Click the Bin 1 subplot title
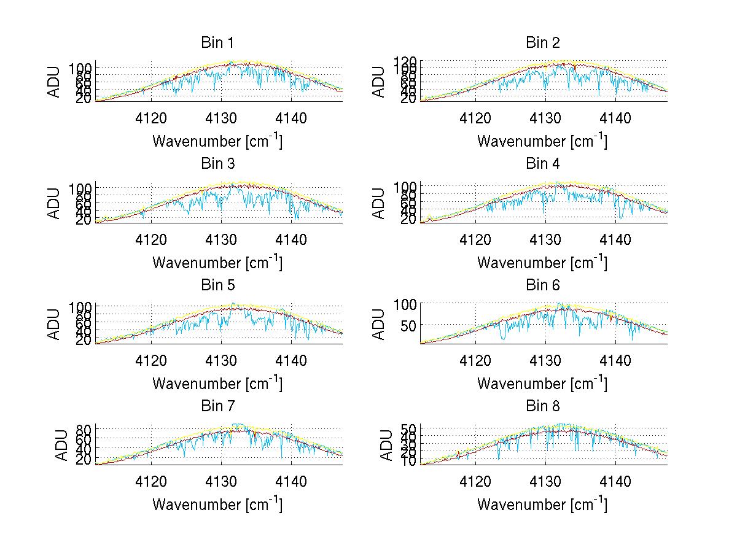217,43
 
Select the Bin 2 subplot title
542,43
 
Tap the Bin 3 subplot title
217,164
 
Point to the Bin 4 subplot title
542,164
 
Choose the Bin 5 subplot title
217,285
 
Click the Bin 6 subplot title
542,285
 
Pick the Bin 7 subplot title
217,406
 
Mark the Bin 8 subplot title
542,406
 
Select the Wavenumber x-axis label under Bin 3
217,262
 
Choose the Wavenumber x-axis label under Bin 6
542,384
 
